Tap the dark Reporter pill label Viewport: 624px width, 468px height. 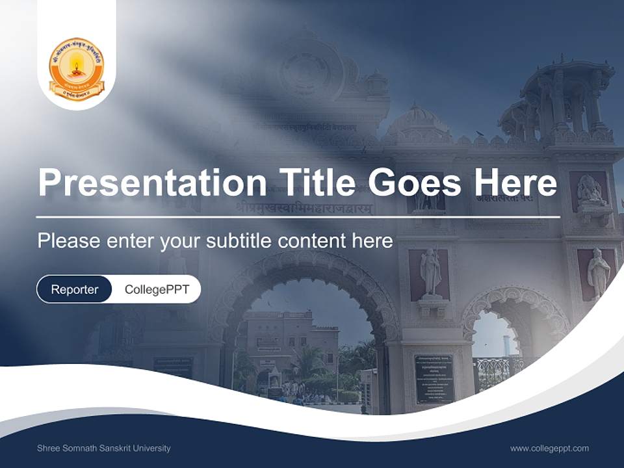[x=74, y=289]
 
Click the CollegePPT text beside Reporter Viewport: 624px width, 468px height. [x=157, y=289]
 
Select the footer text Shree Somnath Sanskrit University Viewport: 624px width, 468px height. [x=104, y=448]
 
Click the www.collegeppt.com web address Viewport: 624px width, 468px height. [x=549, y=448]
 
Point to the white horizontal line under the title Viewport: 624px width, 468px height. [x=298, y=216]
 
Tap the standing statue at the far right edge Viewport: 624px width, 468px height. [x=598, y=273]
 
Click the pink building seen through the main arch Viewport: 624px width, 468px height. [x=286, y=344]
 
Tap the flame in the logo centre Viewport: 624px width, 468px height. [x=77, y=64]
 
